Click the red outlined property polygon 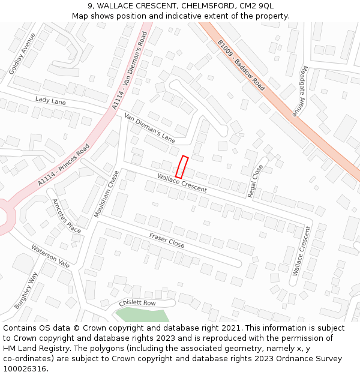[x=181, y=167]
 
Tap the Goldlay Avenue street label [x=22, y=53]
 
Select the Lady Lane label [x=50, y=101]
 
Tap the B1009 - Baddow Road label [x=241, y=65]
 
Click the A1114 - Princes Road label [x=63, y=164]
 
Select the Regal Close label [x=256, y=181]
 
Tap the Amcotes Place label [x=66, y=216]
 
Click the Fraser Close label [x=167, y=240]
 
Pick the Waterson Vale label [x=50, y=256]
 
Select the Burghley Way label [x=26, y=290]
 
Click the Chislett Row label [x=137, y=303]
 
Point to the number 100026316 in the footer [x=25, y=369]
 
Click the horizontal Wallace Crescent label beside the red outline [x=182, y=184]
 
